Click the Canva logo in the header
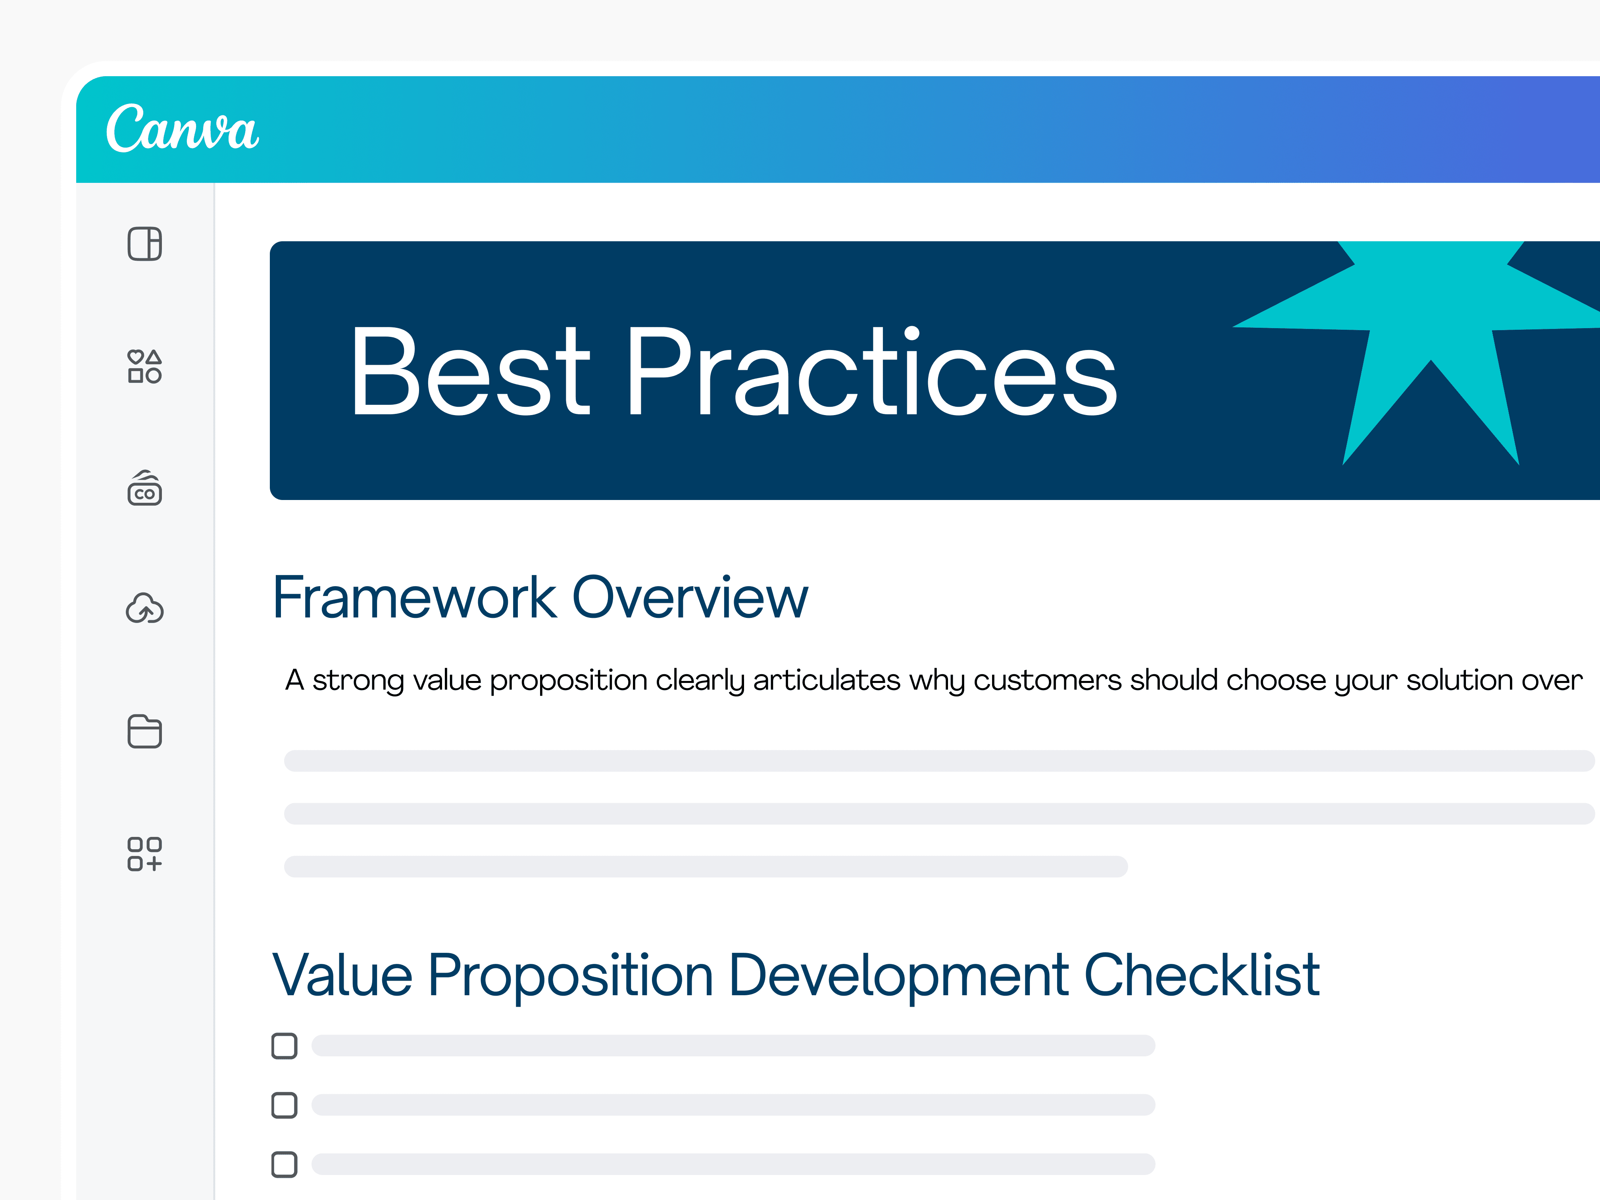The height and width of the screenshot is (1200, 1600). point(182,128)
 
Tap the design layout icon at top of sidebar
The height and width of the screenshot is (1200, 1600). point(145,244)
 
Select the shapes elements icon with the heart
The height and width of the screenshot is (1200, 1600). point(145,366)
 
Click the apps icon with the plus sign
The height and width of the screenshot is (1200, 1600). point(145,854)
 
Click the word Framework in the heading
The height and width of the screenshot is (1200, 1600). point(414,598)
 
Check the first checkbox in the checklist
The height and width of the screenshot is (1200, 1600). point(284,1046)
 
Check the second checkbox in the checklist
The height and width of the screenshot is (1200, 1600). point(284,1105)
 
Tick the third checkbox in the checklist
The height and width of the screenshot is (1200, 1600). point(284,1165)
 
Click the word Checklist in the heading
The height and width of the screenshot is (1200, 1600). point(1202,975)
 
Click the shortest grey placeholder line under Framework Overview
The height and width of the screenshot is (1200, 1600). point(705,867)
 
